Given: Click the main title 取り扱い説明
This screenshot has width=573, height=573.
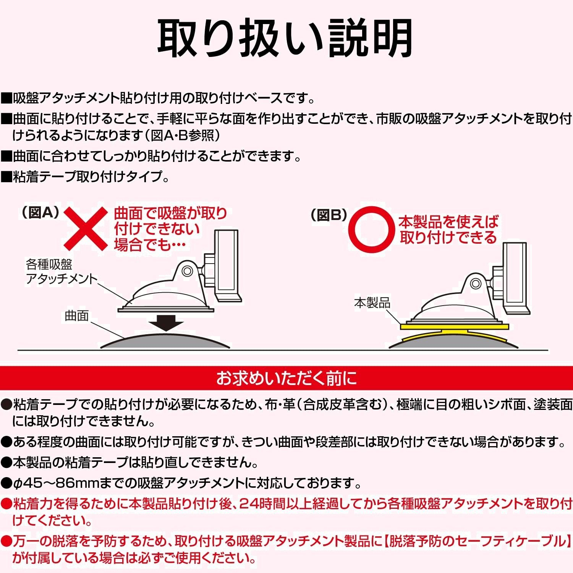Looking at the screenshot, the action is click(x=285, y=39).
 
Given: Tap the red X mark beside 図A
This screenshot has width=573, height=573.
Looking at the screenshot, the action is click(x=86, y=228).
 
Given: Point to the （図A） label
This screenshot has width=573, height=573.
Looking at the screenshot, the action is click(x=40, y=213).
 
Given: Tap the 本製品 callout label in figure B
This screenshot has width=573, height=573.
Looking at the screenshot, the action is click(x=372, y=303).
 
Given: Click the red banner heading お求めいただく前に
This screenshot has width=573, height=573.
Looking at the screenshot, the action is click(x=286, y=378).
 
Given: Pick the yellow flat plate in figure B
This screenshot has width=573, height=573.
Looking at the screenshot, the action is click(x=455, y=327).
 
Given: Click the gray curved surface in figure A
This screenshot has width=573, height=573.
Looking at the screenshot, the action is click(x=165, y=341).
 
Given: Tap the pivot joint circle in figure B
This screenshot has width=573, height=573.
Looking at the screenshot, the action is click(x=476, y=284).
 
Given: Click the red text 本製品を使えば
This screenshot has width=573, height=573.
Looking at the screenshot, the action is click(x=448, y=222).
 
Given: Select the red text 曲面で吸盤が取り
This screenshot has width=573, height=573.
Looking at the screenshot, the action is click(x=171, y=213).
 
